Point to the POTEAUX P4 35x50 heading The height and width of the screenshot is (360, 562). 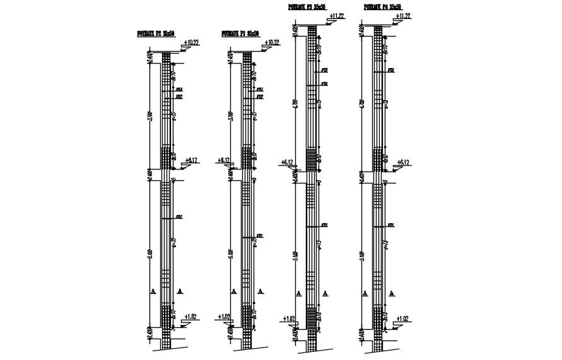[x=383, y=6]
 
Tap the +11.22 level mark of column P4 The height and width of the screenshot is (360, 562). [x=402, y=16]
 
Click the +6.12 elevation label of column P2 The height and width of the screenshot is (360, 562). [x=191, y=160]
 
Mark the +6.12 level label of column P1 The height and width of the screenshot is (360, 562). [x=223, y=160]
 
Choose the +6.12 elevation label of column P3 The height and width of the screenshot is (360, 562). [x=287, y=163]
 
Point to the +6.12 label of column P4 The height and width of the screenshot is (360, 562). [x=402, y=163]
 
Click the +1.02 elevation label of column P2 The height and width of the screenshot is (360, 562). [x=190, y=316]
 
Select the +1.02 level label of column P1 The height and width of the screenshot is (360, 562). [x=224, y=316]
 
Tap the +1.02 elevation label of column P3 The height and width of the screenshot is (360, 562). [x=290, y=318]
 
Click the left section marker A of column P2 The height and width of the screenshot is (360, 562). [x=153, y=291]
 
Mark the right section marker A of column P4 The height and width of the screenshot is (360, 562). [x=392, y=293]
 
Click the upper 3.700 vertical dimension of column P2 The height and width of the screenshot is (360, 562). [x=149, y=117]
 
